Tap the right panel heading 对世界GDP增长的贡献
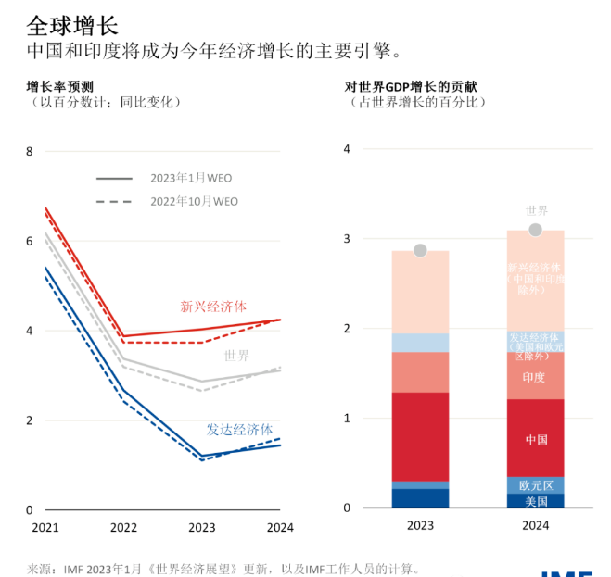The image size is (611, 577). click(x=416, y=86)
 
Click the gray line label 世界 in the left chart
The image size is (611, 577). click(x=236, y=356)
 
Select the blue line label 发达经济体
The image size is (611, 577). click(x=239, y=430)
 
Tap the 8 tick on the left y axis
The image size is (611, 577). click(x=28, y=152)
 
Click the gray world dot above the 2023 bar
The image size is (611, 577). click(x=420, y=251)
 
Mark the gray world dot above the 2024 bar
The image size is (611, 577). click(x=535, y=230)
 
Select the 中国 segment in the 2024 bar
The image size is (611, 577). click(x=536, y=438)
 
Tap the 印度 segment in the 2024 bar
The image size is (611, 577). click(x=535, y=378)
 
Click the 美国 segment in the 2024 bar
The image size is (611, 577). click(x=536, y=501)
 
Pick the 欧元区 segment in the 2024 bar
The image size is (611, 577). click(x=536, y=484)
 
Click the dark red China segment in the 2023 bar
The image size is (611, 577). click(x=420, y=436)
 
